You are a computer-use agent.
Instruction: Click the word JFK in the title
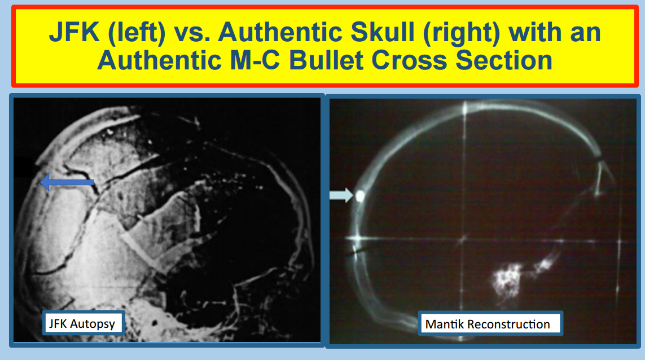pyautogui.click(x=74, y=33)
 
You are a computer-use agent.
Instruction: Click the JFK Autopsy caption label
pyautogui.click(x=83, y=323)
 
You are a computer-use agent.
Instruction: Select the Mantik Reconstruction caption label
pyautogui.click(x=490, y=324)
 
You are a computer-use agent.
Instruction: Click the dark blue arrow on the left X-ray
pyautogui.click(x=67, y=182)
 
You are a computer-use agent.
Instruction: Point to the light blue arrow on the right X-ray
pyautogui.click(x=341, y=195)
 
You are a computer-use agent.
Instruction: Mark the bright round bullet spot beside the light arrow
pyautogui.click(x=360, y=195)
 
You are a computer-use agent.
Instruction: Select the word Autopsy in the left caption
pyautogui.click(x=93, y=324)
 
